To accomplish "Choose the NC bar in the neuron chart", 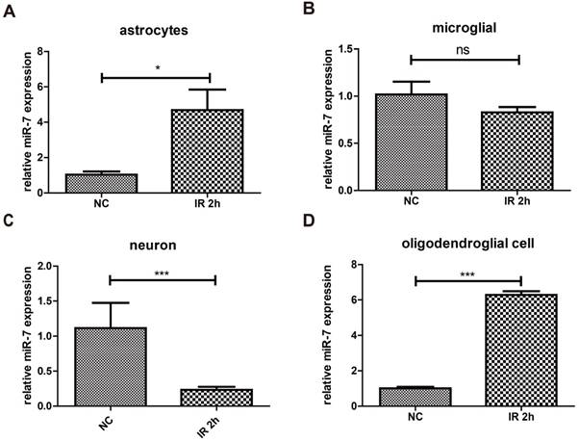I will pos(111,367).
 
